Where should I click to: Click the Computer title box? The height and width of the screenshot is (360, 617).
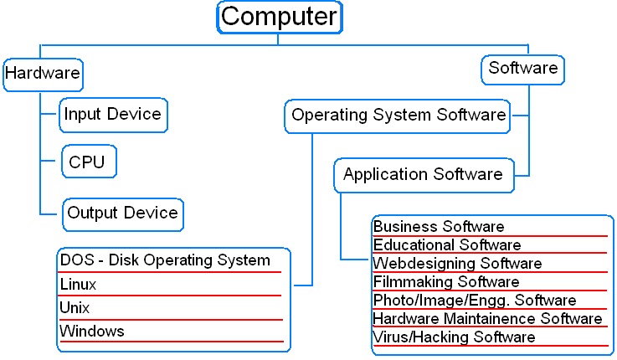(x=280, y=17)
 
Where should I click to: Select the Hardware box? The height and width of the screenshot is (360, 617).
(x=42, y=74)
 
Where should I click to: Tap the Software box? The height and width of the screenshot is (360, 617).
(x=523, y=69)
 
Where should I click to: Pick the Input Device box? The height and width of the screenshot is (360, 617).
(x=113, y=115)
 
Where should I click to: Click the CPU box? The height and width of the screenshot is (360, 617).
(x=88, y=162)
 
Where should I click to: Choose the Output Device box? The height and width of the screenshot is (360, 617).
(x=123, y=213)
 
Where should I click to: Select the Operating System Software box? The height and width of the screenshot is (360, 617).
(x=398, y=116)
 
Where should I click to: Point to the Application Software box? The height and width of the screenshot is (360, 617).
(x=423, y=175)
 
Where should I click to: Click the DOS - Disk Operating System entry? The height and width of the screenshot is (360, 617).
(x=165, y=260)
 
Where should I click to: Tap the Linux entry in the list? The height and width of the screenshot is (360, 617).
(x=79, y=285)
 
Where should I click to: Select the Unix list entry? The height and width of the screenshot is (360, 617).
(x=75, y=308)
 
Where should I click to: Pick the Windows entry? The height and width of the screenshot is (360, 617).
(x=92, y=332)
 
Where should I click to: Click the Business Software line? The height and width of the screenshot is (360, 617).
(x=439, y=227)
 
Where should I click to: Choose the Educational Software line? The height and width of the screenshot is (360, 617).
(x=447, y=245)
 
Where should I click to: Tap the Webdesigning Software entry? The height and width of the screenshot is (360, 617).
(x=457, y=264)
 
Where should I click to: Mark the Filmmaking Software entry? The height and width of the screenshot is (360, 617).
(x=446, y=282)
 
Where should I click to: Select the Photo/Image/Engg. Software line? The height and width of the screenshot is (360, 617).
(x=475, y=301)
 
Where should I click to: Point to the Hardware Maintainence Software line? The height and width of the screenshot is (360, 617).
(x=487, y=319)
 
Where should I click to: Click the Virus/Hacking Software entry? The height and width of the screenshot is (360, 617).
(x=454, y=337)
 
